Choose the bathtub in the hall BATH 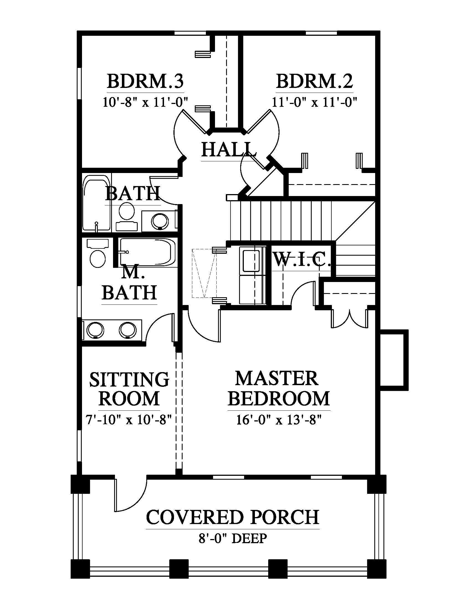click(96, 203)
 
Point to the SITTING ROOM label click(129, 389)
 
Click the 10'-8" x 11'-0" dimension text click(145, 102)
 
